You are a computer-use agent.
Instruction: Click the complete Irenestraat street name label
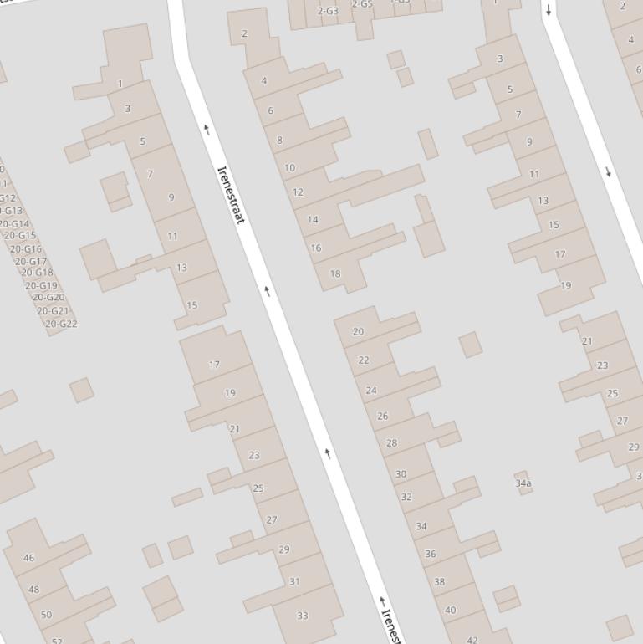click(x=231, y=194)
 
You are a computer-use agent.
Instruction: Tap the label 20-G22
click(x=61, y=324)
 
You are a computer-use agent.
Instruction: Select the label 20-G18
click(x=37, y=273)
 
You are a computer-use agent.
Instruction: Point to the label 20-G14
click(x=14, y=224)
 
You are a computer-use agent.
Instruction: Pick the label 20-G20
click(x=48, y=298)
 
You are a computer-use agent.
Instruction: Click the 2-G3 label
click(x=328, y=11)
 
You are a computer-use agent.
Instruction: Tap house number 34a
click(x=523, y=483)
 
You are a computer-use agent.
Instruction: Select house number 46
click(x=29, y=558)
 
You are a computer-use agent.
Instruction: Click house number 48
click(x=34, y=590)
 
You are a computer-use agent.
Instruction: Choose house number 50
click(x=46, y=615)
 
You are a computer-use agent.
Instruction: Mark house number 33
click(x=303, y=616)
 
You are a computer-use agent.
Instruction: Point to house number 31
click(x=294, y=581)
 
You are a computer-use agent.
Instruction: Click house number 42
click(x=472, y=641)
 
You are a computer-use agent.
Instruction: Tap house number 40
click(x=451, y=610)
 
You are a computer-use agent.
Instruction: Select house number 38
click(x=440, y=581)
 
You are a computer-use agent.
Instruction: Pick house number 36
click(x=431, y=554)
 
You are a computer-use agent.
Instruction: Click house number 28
click(x=391, y=443)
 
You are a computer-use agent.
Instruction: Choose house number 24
click(x=371, y=391)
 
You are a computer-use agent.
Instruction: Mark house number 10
click(x=289, y=168)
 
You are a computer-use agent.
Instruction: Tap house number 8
click(x=279, y=141)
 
